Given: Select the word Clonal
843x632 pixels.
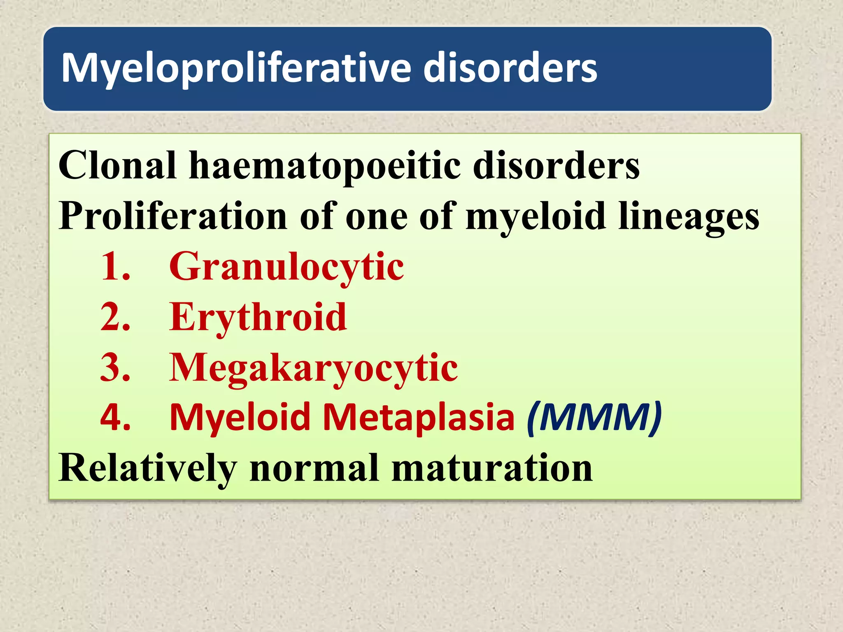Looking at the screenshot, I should tap(117, 165).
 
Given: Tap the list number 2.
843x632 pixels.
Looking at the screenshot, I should tap(116, 317).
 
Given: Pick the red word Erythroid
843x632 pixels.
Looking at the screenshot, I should tap(258, 317).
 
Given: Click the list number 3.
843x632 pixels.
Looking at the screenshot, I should tap(116, 367).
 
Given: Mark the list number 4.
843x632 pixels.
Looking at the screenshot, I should tap(116, 417).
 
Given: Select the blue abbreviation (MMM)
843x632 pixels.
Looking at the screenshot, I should tap(594, 417).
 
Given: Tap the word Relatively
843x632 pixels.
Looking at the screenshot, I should tap(148, 469).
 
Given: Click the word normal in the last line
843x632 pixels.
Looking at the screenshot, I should tap(314, 468).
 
